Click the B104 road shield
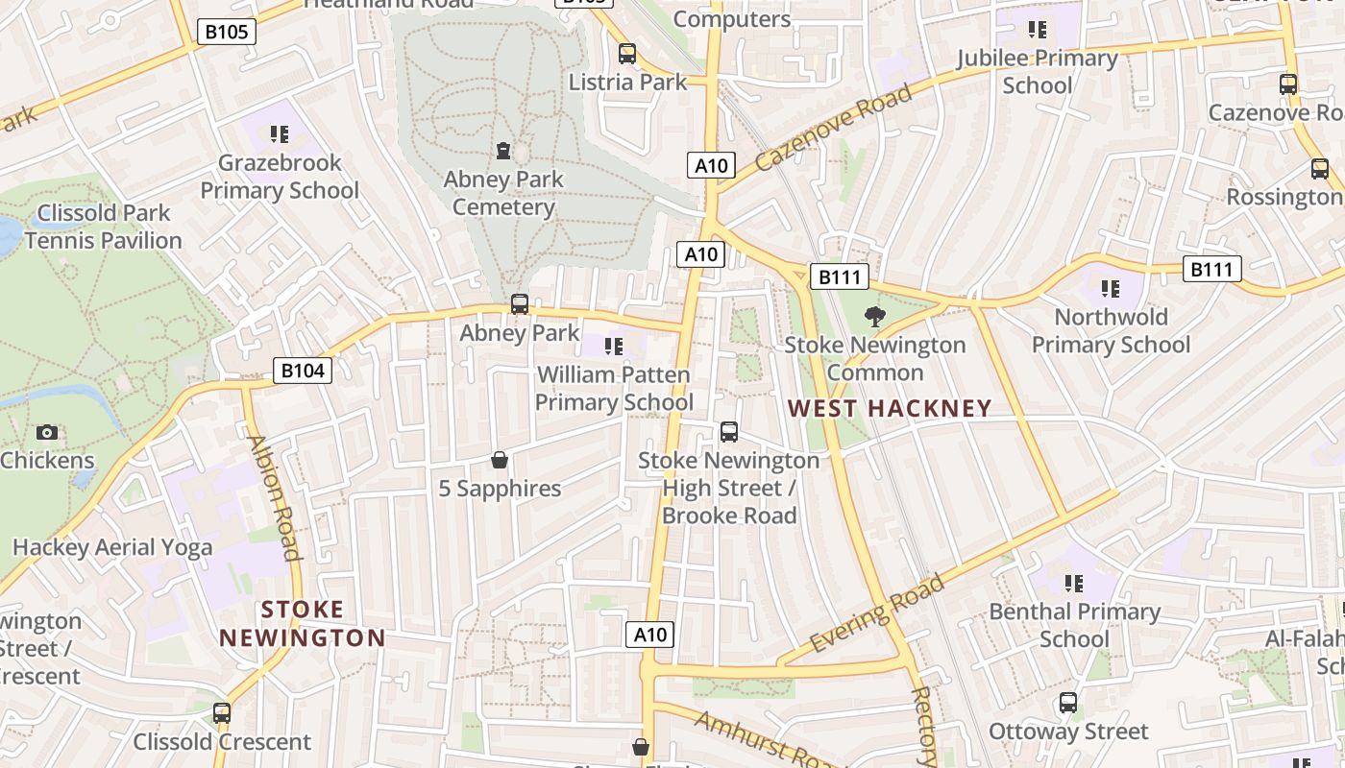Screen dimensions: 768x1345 [303, 371]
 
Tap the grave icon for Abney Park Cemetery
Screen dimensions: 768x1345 [502, 151]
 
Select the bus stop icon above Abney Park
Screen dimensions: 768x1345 [520, 304]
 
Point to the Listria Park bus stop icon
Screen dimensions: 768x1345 [627, 54]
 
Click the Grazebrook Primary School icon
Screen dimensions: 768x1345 [280, 134]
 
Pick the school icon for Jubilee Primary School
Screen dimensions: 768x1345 [1037, 30]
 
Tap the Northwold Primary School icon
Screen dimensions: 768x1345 [1111, 288]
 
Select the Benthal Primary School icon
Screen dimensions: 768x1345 [1074, 583]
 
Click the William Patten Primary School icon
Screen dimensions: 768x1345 [614, 346]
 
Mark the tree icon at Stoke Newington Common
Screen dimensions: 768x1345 [874, 316]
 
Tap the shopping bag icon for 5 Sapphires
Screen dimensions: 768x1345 [500, 460]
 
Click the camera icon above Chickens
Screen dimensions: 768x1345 [47, 432]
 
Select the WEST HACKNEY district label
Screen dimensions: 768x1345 [890, 408]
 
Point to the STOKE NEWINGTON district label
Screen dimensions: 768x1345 [302, 623]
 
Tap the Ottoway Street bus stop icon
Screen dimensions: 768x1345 [1068, 703]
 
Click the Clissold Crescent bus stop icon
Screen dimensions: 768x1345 [222, 713]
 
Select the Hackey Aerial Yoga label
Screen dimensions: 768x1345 [112, 547]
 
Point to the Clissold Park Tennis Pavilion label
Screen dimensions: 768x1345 [104, 227]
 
